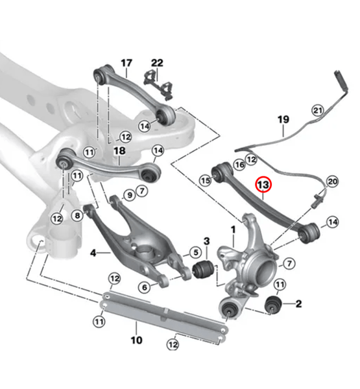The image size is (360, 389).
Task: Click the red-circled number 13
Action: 263,185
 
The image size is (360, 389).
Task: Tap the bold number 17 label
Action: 126,63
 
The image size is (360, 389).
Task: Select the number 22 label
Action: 157,63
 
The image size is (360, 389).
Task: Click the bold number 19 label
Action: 283,119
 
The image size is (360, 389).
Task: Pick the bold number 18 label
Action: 119,151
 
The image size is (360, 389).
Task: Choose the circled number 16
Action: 239,165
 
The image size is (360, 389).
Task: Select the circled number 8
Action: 78,215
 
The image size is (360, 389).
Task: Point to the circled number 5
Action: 194,252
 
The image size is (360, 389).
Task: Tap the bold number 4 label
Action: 93,252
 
